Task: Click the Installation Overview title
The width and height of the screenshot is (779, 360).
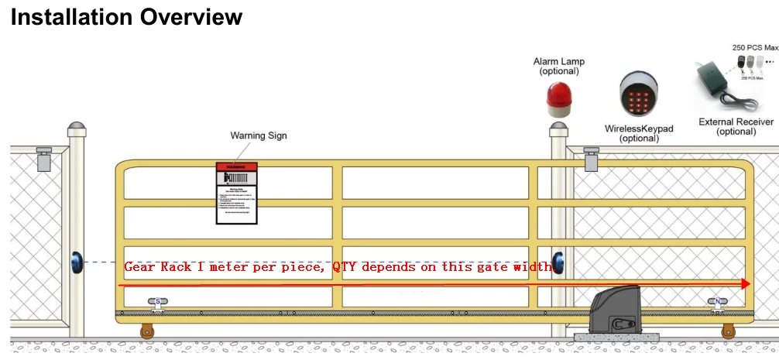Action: (x=126, y=17)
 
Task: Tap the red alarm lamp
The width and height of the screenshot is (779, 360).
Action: (x=558, y=94)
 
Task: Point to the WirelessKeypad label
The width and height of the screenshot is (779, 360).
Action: (x=639, y=128)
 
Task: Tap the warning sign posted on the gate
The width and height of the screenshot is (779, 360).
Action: (x=236, y=194)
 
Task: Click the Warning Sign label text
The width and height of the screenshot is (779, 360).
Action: (x=259, y=135)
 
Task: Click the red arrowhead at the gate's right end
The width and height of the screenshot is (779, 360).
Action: (x=746, y=284)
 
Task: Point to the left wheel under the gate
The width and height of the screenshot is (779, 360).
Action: (x=146, y=332)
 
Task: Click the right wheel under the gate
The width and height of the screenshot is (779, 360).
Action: (x=728, y=332)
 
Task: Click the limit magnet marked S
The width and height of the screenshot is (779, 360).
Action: (x=158, y=303)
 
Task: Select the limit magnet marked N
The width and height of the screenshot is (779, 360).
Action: (x=718, y=303)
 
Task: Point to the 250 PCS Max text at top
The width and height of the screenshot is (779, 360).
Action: (x=755, y=48)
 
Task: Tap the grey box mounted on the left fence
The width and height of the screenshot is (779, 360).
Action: (x=44, y=159)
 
